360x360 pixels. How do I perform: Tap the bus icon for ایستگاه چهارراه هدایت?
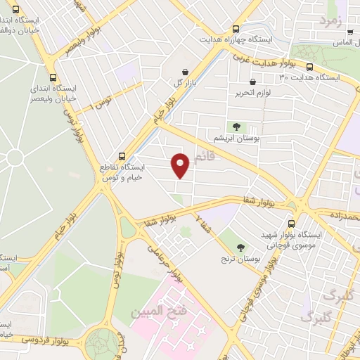[235, 30]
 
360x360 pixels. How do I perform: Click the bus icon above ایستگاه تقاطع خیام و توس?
[123, 157]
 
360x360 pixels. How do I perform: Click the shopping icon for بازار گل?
[185, 72]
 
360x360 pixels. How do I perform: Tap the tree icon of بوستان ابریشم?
[236, 127]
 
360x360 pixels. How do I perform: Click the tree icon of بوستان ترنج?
[241, 247]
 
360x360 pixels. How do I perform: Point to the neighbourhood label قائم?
[202, 157]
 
